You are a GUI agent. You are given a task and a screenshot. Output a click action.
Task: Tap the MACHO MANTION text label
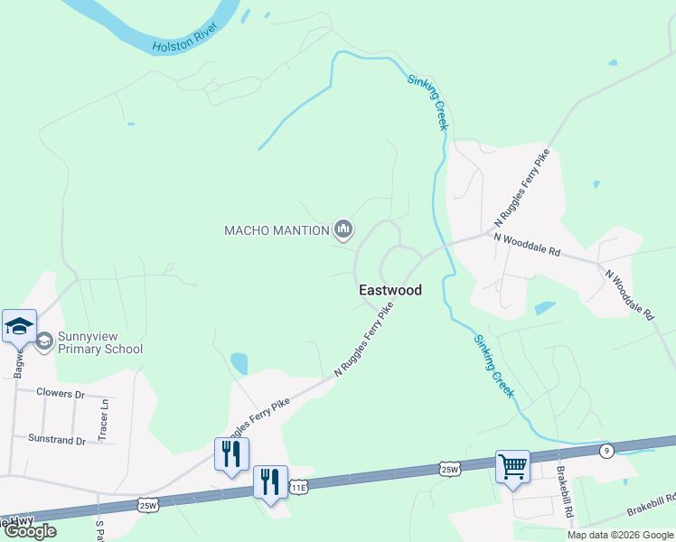pos(277,230)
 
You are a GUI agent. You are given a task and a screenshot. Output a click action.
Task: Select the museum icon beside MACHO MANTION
pos(343,230)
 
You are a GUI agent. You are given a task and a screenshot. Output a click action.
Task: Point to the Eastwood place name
pos(390,291)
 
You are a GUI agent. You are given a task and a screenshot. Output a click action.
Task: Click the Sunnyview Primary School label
pos(99,342)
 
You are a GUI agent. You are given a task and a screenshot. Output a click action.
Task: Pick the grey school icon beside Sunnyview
pos(44,340)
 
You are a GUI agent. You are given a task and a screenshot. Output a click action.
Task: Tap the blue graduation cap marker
pos(18,326)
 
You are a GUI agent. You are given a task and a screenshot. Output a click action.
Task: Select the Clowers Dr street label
pos(61,394)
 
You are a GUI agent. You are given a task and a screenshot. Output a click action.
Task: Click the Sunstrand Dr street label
pos(56,441)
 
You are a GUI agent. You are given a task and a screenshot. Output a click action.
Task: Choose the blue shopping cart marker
pos(512,467)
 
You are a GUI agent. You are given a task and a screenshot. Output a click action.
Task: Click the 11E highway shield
pos(298,488)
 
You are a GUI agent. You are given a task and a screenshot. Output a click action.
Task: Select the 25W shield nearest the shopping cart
pos(449,468)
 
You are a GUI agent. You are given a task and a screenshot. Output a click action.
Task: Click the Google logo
pos(30,531)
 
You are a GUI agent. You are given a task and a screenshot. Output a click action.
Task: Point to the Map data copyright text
pos(620,535)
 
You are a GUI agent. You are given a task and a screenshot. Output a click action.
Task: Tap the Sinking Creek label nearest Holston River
pos(427,102)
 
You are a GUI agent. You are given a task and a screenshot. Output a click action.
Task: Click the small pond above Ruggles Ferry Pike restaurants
pos(239,363)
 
